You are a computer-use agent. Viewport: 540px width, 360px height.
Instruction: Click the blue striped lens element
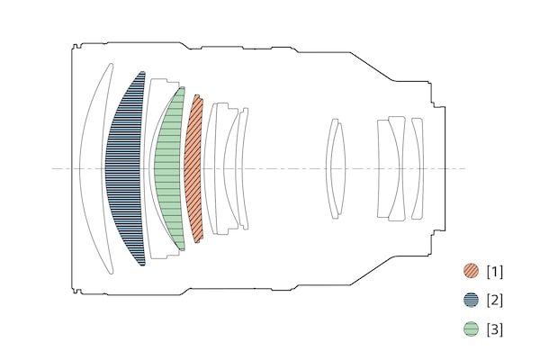124,168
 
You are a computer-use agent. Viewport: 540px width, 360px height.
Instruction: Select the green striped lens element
169,168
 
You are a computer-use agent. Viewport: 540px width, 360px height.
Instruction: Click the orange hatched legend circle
471,271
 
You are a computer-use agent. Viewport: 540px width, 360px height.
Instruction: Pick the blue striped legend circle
471,300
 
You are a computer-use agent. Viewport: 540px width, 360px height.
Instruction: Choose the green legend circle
471,329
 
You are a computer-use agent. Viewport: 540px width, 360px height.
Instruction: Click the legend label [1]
494,272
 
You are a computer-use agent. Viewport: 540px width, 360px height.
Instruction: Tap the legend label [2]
494,301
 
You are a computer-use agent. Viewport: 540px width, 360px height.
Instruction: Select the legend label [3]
494,329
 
